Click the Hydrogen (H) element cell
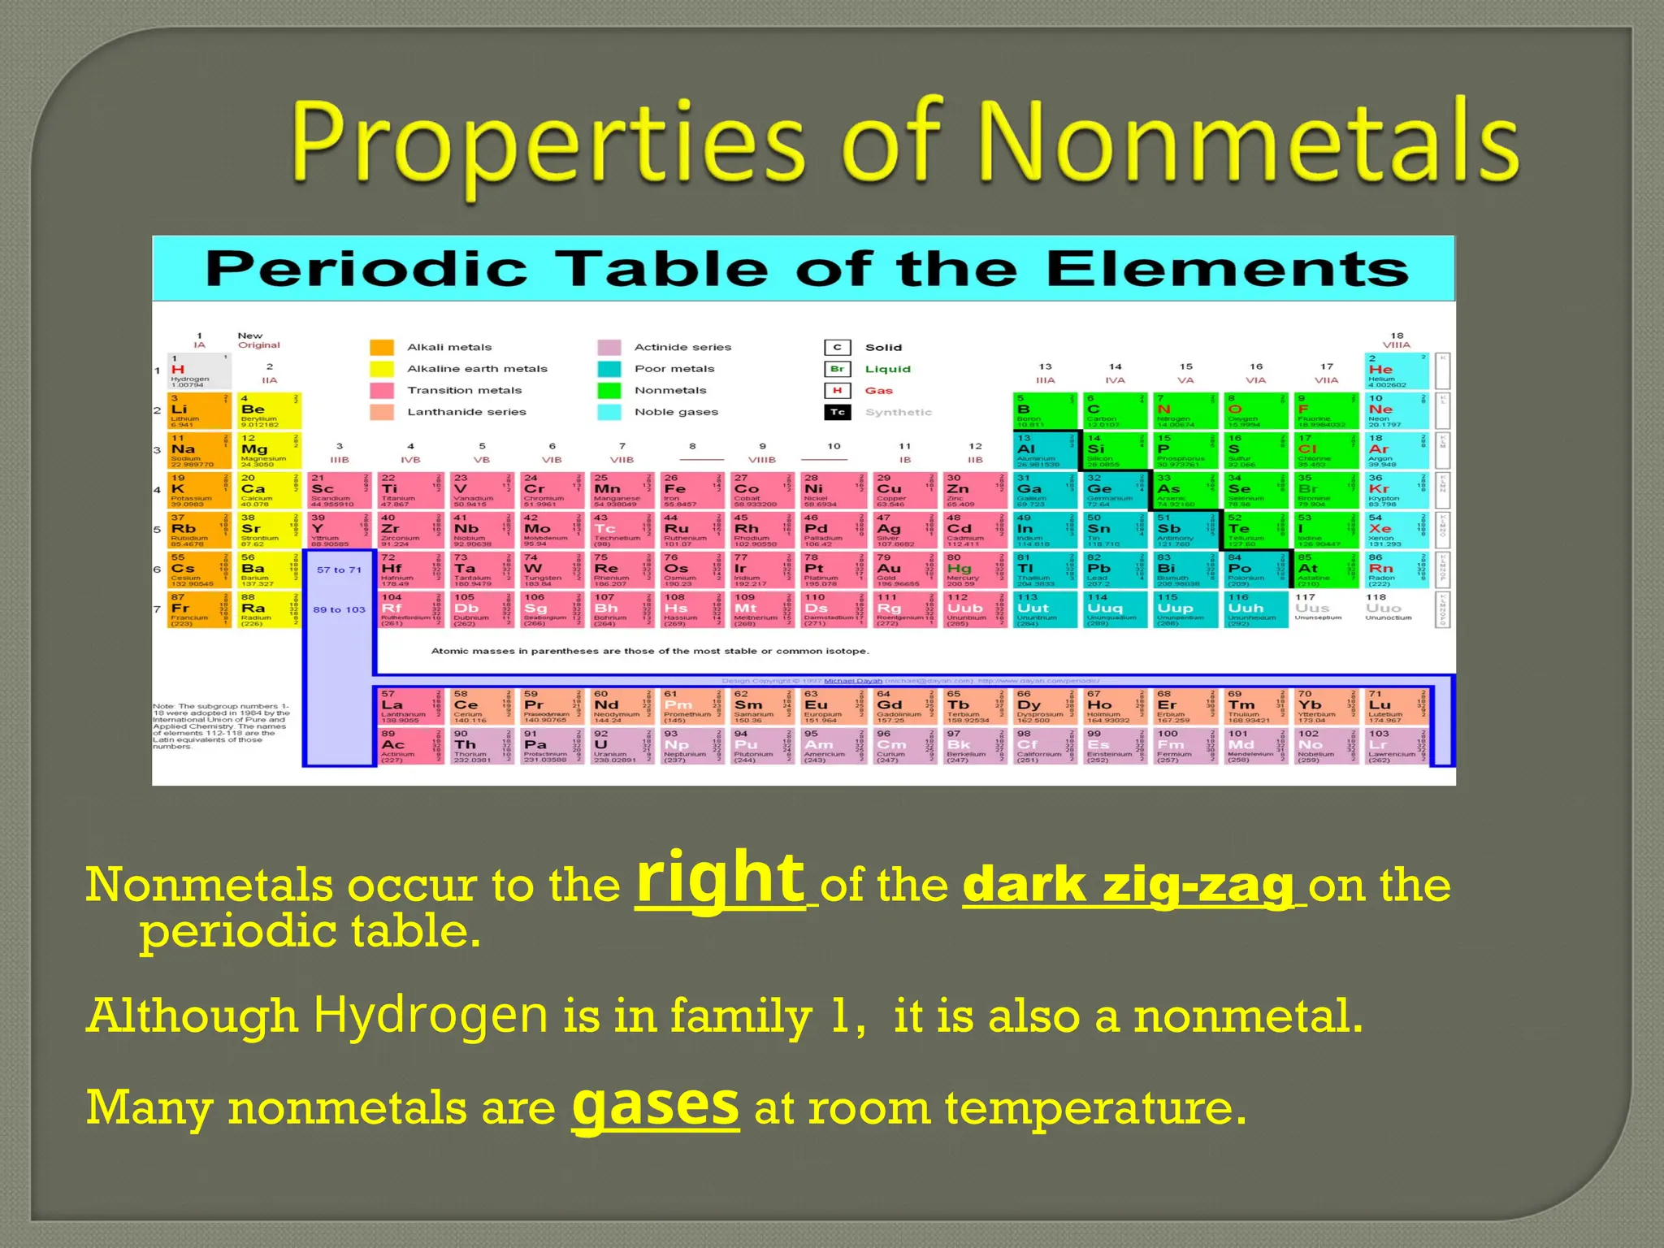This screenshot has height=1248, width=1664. click(x=199, y=370)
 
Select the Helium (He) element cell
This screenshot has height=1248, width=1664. click(x=1397, y=370)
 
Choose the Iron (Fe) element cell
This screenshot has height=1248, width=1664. click(x=689, y=490)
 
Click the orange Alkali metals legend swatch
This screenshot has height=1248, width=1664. click(x=382, y=348)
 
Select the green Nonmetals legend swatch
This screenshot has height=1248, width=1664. click(x=609, y=391)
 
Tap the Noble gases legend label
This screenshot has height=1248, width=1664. click(x=676, y=412)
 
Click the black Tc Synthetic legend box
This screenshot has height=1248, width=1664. click(x=837, y=413)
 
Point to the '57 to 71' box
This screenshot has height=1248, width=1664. click(x=339, y=570)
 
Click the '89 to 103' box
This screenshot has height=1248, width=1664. click(x=339, y=609)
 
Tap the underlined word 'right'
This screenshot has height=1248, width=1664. click(x=720, y=878)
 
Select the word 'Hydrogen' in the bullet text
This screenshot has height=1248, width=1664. click(x=431, y=1015)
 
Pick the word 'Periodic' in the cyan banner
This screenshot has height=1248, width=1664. click(x=366, y=269)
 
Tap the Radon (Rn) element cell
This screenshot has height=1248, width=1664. click(x=1397, y=570)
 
